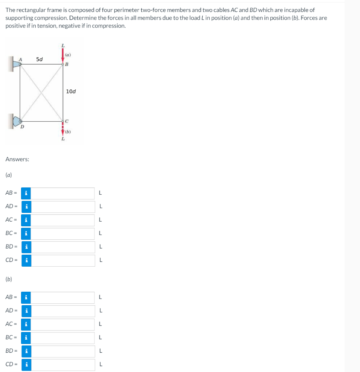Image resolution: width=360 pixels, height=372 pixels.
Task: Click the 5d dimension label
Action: [x=40, y=59]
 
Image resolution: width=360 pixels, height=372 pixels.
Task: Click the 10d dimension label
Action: [x=71, y=91]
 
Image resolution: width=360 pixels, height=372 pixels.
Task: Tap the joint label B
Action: [x=66, y=64]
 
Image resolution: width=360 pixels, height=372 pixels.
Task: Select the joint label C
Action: [x=67, y=121]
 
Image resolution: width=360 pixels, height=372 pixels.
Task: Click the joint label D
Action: [x=22, y=127]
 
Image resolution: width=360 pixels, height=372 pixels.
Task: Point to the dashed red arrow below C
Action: [x=63, y=129]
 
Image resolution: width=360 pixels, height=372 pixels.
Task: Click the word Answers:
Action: [x=17, y=159]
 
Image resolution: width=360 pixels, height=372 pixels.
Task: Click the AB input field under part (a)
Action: [x=63, y=193]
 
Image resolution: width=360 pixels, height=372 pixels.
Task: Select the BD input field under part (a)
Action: [x=63, y=247]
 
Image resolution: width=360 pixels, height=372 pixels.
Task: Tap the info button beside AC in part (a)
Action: [x=26, y=220]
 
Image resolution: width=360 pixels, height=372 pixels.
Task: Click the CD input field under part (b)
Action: [x=63, y=365]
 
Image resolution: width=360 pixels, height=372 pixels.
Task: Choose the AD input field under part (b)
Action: [x=63, y=311]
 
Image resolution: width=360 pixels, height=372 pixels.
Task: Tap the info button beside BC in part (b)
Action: [x=26, y=338]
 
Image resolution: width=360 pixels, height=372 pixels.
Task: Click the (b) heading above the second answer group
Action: [x=9, y=279]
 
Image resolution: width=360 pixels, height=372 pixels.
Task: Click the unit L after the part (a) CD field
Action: [x=101, y=260]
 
